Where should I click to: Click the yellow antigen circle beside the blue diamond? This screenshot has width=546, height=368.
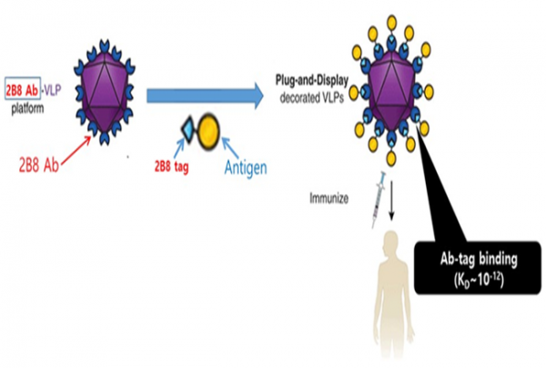coord(207,132)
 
